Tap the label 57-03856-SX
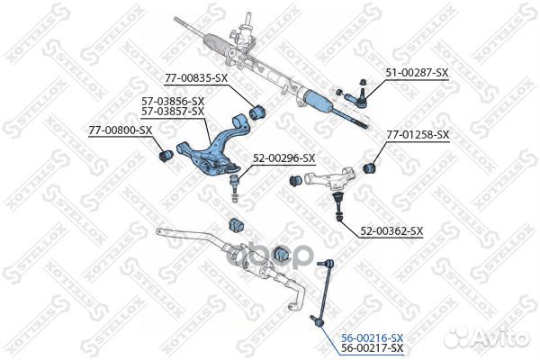click(x=173, y=102)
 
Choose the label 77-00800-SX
click(x=120, y=131)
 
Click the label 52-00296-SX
click(x=283, y=158)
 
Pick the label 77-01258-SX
click(x=418, y=135)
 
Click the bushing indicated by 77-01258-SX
click(x=369, y=167)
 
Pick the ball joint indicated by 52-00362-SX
click(x=338, y=199)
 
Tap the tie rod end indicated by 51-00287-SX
click(x=356, y=94)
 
